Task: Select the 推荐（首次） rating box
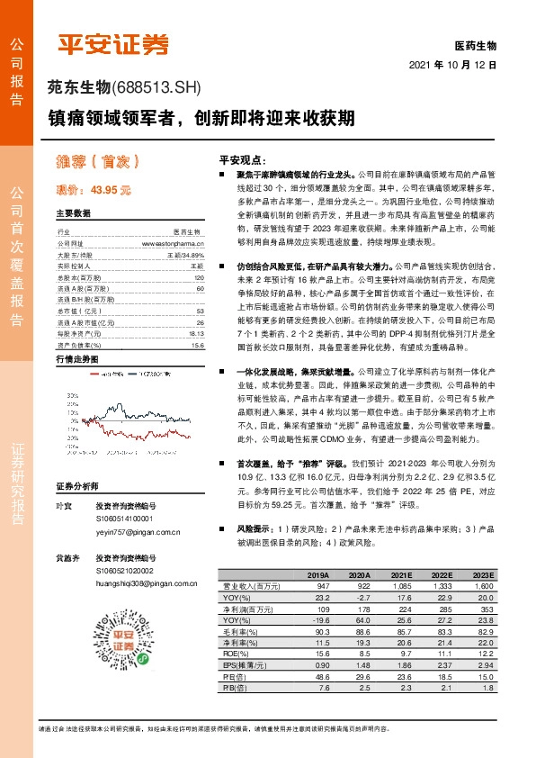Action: click(x=94, y=162)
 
